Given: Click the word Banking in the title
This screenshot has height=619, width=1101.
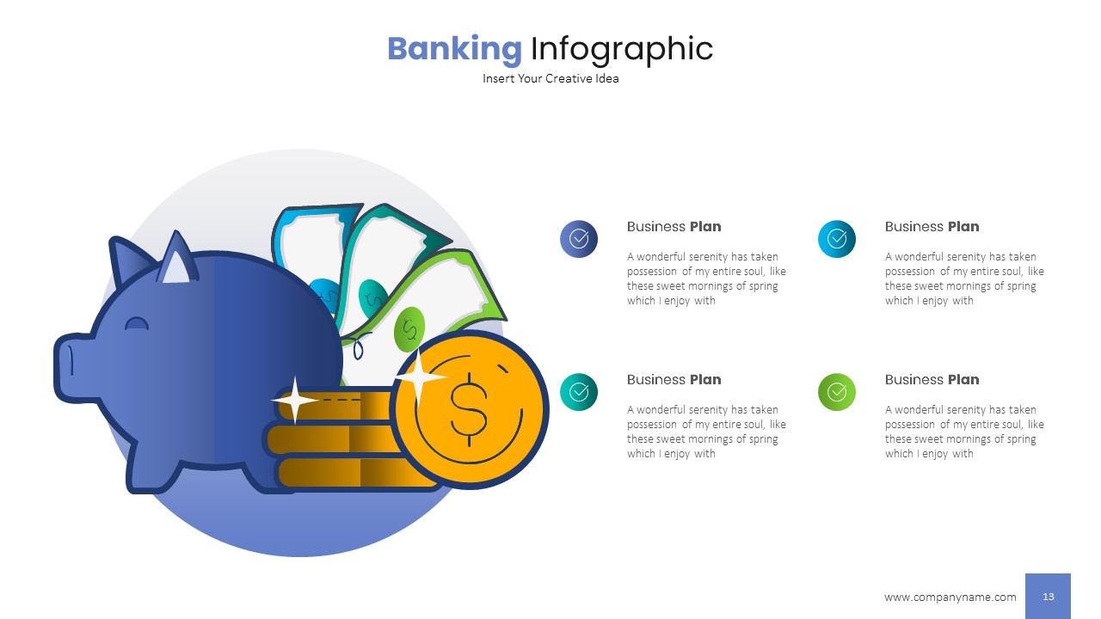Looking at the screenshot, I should (x=454, y=49).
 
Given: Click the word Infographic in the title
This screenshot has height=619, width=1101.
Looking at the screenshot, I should (x=621, y=49).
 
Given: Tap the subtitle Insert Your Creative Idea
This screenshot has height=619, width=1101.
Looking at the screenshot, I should (x=550, y=78).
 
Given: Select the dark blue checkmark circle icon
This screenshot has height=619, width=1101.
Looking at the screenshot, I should (x=579, y=239).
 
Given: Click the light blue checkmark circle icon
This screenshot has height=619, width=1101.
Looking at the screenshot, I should (x=837, y=239).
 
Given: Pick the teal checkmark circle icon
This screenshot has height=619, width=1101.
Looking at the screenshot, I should (x=579, y=392).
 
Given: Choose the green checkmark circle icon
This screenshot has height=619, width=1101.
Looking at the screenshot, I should (x=837, y=392).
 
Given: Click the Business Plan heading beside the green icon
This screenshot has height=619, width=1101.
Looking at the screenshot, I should (x=932, y=379).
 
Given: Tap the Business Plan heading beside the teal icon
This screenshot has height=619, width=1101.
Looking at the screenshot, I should (x=674, y=379).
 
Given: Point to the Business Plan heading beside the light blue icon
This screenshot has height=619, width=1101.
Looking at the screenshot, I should (x=932, y=226).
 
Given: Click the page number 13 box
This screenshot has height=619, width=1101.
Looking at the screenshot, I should (x=1048, y=597).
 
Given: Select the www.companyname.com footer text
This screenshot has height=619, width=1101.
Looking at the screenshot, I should (x=950, y=597).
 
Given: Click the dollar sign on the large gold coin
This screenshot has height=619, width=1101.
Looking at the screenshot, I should (x=469, y=408).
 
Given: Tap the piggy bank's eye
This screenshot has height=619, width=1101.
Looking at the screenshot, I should (x=137, y=325).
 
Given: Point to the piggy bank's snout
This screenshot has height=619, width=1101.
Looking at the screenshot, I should (x=73, y=368).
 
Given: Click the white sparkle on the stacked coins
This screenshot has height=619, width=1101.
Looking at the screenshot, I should (x=295, y=400).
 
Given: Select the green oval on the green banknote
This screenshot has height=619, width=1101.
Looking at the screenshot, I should (x=409, y=328).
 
